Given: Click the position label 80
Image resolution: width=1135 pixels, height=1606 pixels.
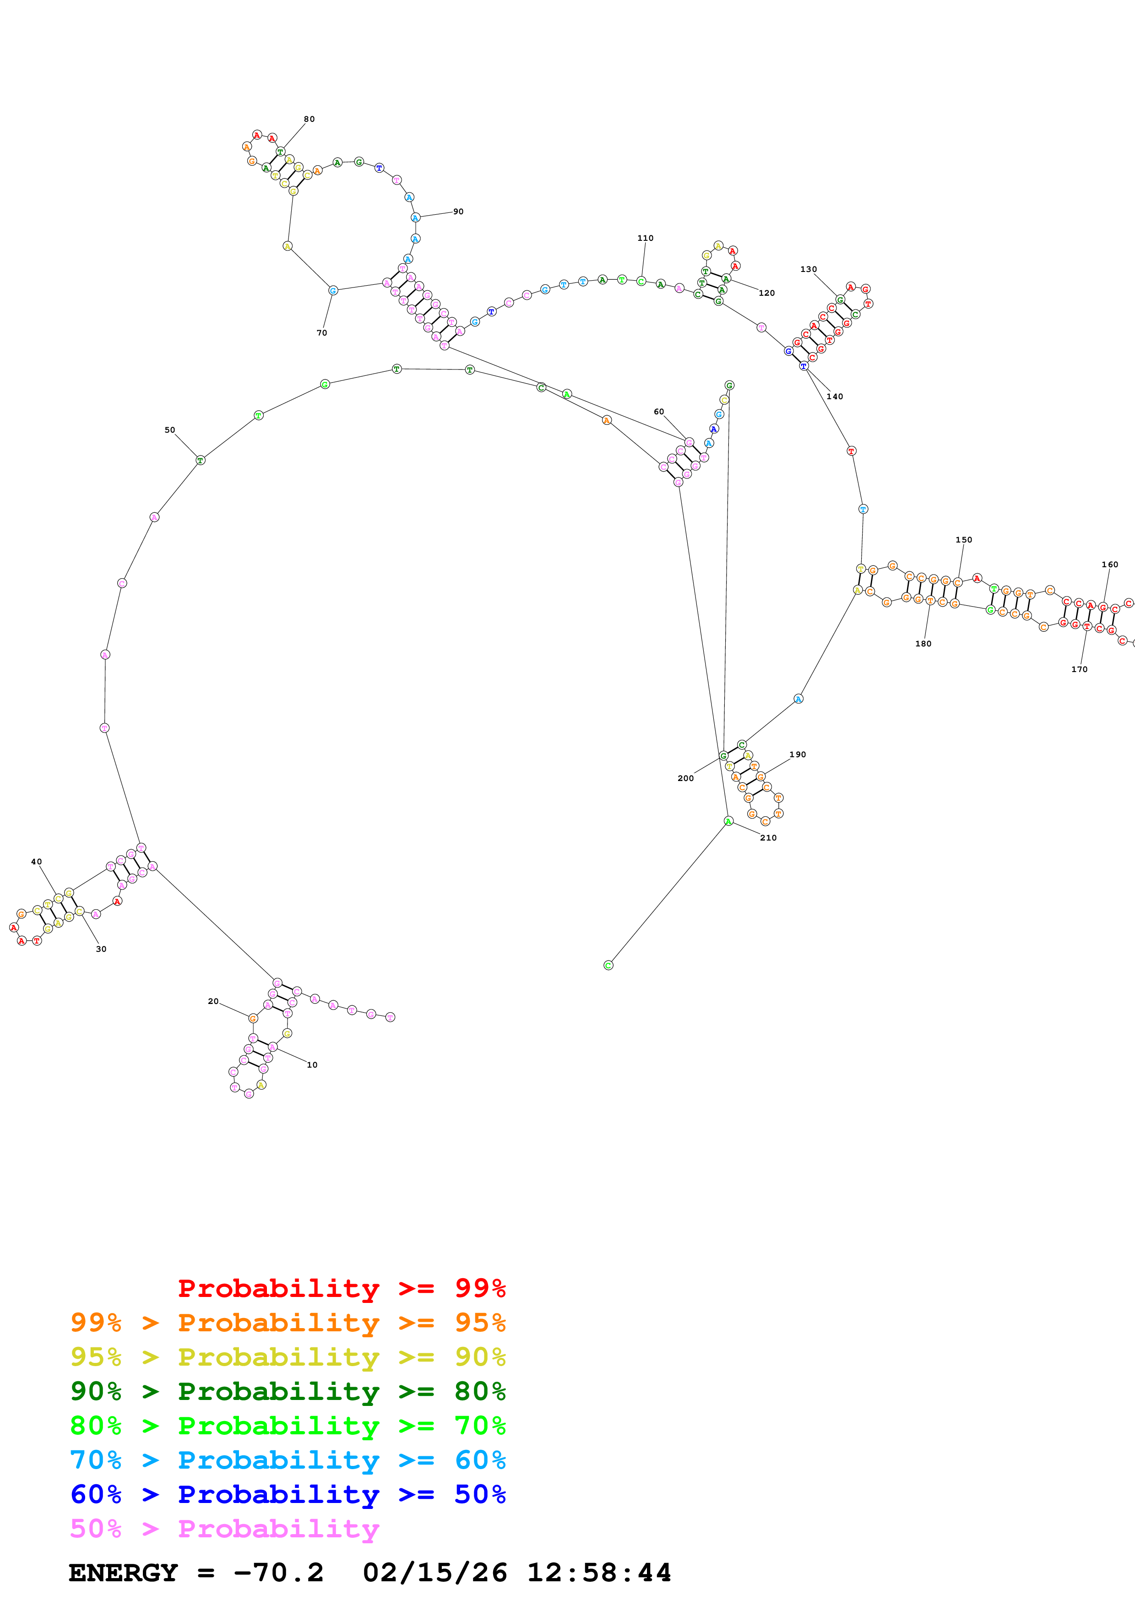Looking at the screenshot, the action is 309,119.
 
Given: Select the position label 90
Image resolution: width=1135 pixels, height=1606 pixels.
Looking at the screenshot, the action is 458,211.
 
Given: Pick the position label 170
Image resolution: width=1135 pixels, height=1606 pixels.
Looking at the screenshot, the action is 1079,669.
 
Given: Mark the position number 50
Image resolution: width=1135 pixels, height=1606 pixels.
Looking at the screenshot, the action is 170,430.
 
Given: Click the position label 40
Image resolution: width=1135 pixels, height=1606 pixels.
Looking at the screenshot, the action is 36,862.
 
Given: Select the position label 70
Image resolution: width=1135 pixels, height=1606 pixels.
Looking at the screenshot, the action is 322,333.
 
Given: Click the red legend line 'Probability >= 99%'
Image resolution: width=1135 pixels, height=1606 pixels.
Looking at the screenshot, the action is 341,1288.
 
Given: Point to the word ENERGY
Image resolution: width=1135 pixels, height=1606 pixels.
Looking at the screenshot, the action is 123,1573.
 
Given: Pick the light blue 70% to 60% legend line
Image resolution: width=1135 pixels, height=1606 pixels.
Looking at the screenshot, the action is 288,1460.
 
